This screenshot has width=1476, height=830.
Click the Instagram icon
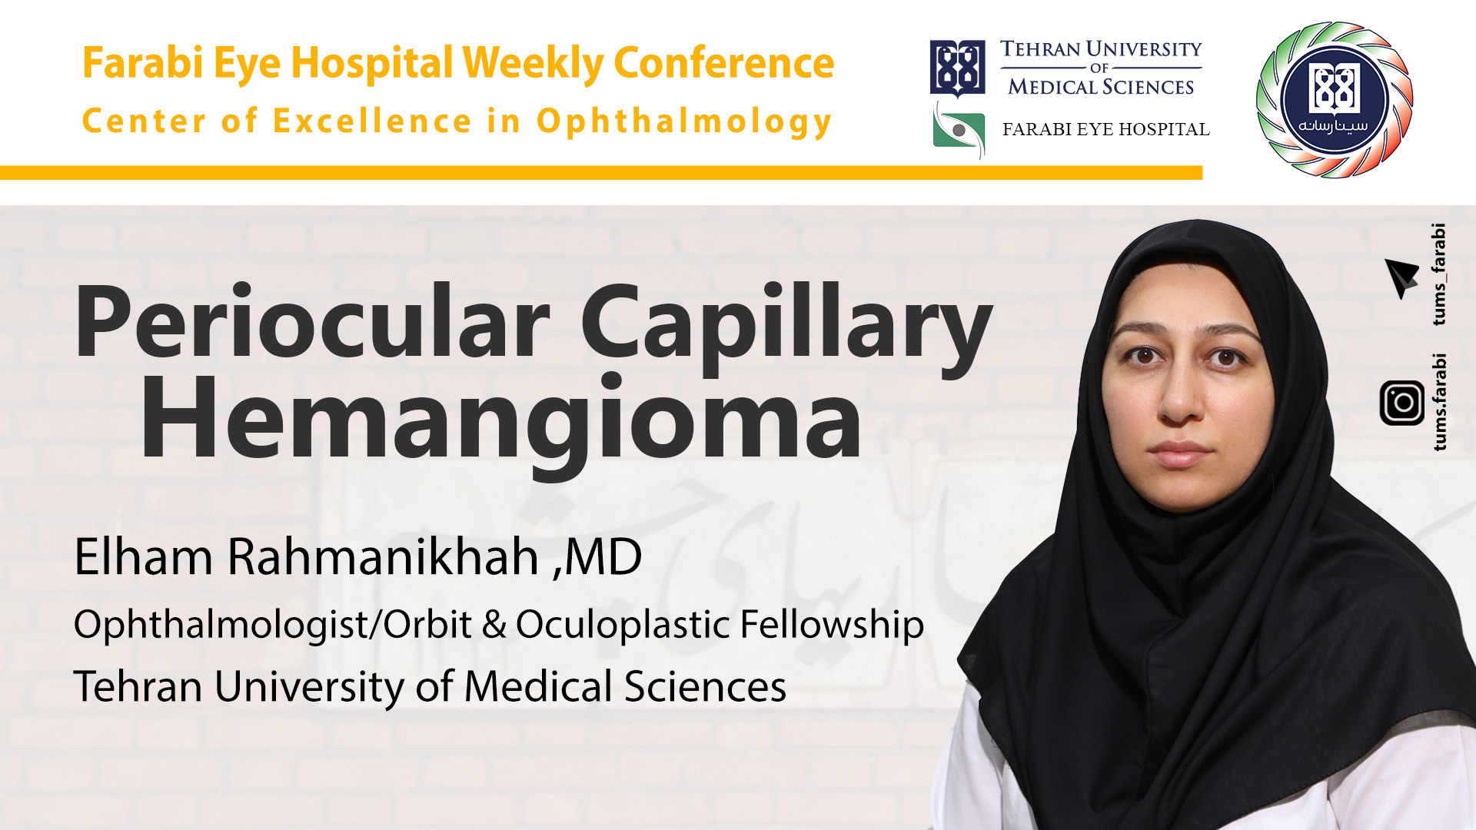click(x=1401, y=403)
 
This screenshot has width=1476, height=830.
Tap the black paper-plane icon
click(x=1401, y=277)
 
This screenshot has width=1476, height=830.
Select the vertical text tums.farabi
click(x=1439, y=402)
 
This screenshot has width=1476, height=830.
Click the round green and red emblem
click(x=1334, y=100)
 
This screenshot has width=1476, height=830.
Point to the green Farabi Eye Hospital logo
click(x=959, y=131)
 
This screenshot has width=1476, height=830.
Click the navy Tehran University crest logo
click(x=957, y=68)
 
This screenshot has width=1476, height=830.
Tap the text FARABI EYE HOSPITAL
click(x=1105, y=129)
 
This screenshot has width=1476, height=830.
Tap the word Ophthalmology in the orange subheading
click(x=683, y=122)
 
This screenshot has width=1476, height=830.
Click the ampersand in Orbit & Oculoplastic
click(x=494, y=624)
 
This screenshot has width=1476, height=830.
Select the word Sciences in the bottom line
click(x=705, y=686)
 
